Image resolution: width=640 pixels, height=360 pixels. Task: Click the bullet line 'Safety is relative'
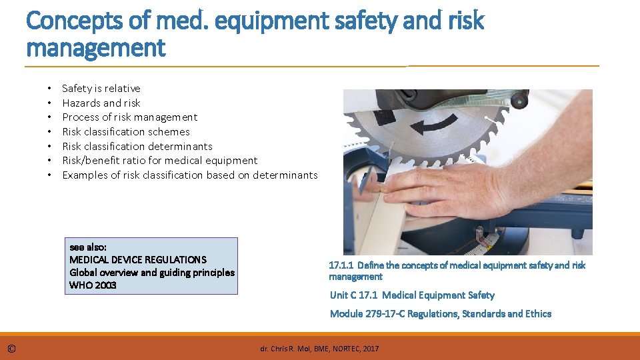pyautogui.click(x=101, y=88)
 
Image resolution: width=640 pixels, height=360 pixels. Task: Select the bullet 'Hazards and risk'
pyautogui.click(x=101, y=103)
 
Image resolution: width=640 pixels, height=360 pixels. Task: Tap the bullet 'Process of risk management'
pyautogui.click(x=130, y=117)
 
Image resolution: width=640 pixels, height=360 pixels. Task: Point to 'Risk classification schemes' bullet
pyautogui.click(x=126, y=132)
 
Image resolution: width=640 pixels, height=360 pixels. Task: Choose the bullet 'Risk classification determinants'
pyautogui.click(x=137, y=146)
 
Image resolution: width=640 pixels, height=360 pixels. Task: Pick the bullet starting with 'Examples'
pyautogui.click(x=190, y=175)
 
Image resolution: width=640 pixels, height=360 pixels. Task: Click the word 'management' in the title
pyautogui.click(x=95, y=48)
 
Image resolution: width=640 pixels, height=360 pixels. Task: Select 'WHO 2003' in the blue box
pyautogui.click(x=93, y=285)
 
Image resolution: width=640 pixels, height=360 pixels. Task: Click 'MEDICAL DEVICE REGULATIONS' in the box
pyautogui.click(x=138, y=260)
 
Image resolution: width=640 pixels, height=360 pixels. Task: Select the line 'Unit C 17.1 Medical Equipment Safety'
pyautogui.click(x=412, y=295)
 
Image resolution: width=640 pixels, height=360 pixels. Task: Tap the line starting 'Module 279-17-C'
pyautogui.click(x=441, y=314)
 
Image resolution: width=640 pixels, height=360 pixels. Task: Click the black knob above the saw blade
pyautogui.click(x=519, y=99)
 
